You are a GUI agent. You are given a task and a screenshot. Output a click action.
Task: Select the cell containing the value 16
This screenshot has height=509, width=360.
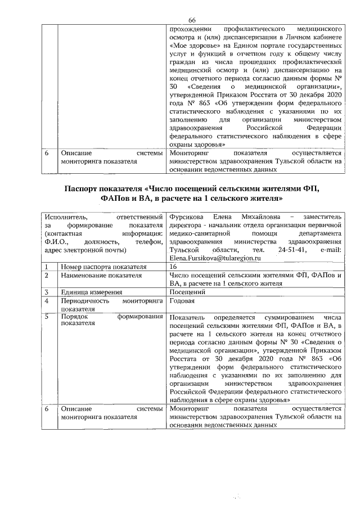[x=173, y=266]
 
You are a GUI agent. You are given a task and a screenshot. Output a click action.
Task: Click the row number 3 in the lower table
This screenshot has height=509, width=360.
[x=48, y=292]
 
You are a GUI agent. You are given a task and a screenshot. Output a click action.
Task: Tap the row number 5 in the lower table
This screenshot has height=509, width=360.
[x=48, y=317]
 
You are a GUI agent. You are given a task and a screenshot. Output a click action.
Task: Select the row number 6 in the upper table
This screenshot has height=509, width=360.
[x=48, y=152]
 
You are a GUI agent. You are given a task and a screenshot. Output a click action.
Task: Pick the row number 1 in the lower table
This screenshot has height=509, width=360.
[x=48, y=266]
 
